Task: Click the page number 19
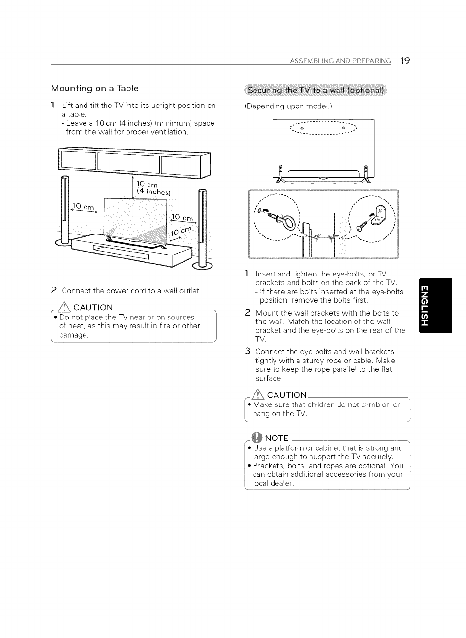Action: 404,61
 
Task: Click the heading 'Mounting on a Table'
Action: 95,88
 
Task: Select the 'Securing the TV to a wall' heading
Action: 316,90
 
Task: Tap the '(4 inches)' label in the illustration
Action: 154,191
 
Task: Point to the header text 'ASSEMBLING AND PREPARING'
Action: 340,61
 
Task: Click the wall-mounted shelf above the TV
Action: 129,164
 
